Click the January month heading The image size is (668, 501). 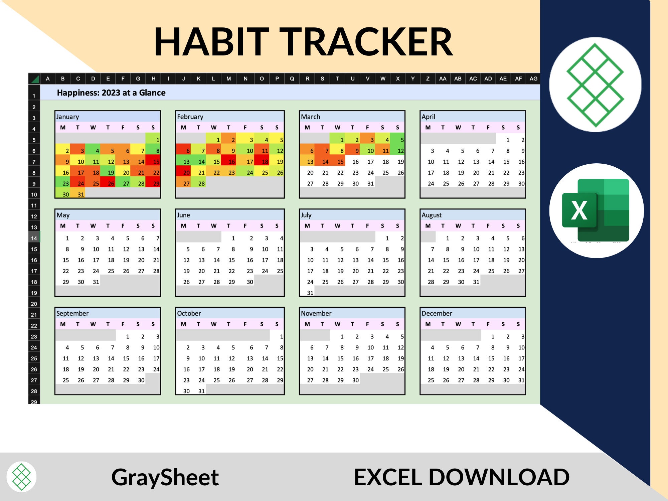68,117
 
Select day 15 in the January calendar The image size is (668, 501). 156,162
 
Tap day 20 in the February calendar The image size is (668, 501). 186,173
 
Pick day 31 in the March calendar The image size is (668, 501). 370,183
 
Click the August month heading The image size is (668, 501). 432,215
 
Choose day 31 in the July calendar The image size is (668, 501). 310,293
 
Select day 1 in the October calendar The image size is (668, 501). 282,336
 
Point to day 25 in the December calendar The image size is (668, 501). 431,380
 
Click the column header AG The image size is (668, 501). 533,78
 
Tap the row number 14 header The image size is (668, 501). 34,238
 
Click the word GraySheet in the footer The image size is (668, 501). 165,477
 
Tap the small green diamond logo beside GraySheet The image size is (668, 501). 21,477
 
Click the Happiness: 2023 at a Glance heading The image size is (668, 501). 111,93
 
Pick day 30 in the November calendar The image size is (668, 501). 355,380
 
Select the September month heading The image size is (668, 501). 72,313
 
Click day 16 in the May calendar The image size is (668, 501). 81,260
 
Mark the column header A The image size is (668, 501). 48,78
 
